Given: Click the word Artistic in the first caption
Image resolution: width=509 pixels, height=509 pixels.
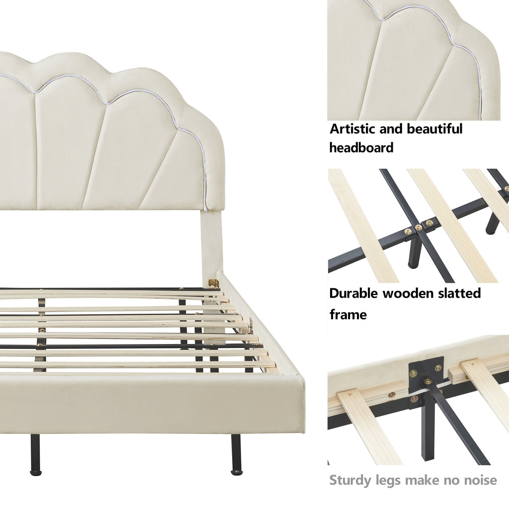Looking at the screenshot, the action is [353, 129].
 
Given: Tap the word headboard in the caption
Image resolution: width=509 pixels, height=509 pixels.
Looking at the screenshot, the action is [361, 147].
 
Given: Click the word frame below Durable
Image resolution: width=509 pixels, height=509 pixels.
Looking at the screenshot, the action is [348, 314].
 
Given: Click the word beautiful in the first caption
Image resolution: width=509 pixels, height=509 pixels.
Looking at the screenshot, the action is [434, 129].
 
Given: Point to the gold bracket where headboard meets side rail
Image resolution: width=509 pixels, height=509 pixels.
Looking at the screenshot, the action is [214, 283].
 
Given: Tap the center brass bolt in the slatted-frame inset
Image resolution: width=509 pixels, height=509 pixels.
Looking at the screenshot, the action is [419, 227].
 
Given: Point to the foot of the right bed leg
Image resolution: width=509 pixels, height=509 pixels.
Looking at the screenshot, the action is [236, 472].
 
